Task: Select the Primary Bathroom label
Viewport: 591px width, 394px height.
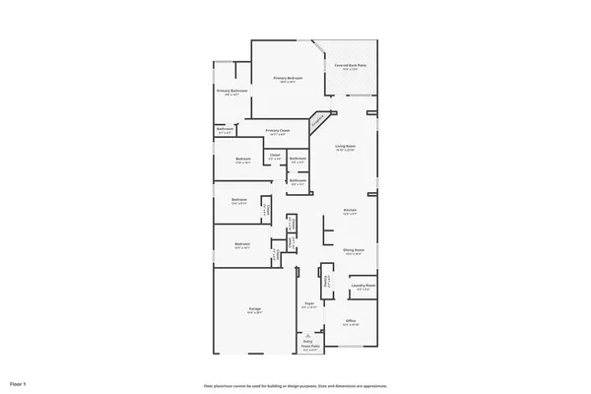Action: click(x=232, y=92)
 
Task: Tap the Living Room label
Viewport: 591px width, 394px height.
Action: click(x=345, y=147)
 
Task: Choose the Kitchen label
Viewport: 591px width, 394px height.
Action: click(x=350, y=211)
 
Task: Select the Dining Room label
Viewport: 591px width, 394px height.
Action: click(x=354, y=250)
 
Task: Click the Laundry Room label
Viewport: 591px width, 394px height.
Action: click(x=363, y=287)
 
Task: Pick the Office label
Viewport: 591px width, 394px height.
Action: click(x=351, y=321)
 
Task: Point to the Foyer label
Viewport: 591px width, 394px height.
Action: click(x=309, y=304)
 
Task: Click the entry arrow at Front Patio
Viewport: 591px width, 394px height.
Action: click(x=309, y=334)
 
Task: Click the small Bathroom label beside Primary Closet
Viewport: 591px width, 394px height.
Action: click(x=226, y=129)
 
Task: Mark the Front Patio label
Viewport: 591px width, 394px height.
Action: click(x=309, y=347)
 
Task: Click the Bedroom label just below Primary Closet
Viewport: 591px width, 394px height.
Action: click(x=243, y=160)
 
